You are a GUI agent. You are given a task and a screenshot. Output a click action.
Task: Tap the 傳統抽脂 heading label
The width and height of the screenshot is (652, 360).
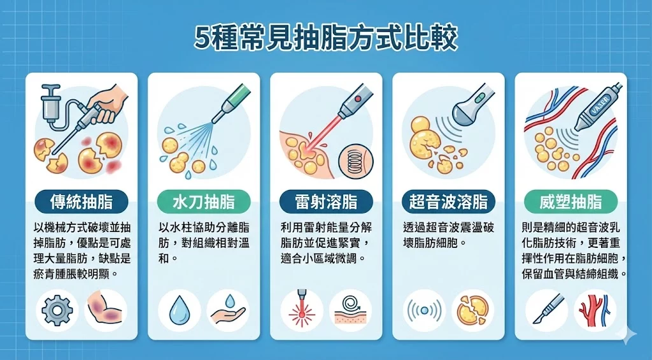pyautogui.click(x=81, y=203)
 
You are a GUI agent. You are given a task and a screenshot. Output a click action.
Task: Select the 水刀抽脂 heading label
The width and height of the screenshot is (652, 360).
pyautogui.click(x=204, y=203)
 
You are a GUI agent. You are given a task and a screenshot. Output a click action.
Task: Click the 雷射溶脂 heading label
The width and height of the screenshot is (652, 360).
pyautogui.click(x=326, y=203)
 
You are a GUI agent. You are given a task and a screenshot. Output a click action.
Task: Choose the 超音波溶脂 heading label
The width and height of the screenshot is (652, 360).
pyautogui.click(x=448, y=203)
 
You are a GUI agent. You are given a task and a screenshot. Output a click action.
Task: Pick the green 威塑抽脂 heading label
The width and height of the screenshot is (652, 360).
pyautogui.click(x=571, y=203)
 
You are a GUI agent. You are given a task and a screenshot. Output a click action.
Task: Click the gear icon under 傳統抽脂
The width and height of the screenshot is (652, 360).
pyautogui.click(x=57, y=311)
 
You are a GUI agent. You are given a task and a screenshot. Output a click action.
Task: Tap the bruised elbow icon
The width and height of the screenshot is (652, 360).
pyautogui.click(x=105, y=311)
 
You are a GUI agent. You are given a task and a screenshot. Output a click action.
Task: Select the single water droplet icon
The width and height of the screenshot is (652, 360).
pyautogui.click(x=179, y=311)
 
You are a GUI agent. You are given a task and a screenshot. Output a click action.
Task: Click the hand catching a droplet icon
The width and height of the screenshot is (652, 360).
pyautogui.click(x=227, y=311)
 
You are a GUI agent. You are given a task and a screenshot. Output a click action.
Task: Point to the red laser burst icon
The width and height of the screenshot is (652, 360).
pyautogui.click(x=301, y=311)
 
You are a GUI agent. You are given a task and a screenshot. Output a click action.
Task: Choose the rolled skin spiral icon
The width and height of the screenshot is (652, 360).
pyautogui.click(x=350, y=311)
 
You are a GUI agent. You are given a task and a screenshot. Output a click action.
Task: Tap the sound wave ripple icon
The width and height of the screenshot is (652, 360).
pyautogui.click(x=424, y=311)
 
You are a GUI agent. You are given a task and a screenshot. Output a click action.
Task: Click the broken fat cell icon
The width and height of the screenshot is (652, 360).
pyautogui.click(x=472, y=311)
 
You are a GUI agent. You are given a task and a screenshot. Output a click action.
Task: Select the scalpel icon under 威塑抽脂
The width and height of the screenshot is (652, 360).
pyautogui.click(x=546, y=311)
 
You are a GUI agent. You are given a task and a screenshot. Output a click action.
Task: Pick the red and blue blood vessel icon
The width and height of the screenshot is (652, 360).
pyautogui.click(x=595, y=311)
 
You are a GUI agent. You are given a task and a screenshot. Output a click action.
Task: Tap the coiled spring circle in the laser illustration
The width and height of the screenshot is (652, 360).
pyautogui.click(x=355, y=159)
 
